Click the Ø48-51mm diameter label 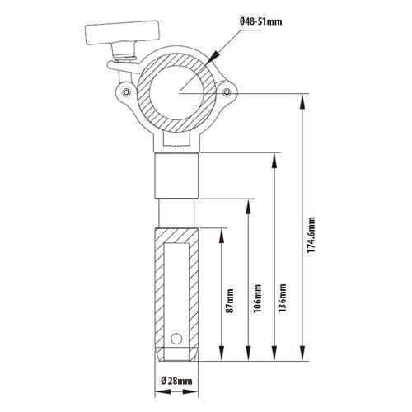coord(260,21)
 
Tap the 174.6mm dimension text coord(311,235)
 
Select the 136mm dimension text coord(282,297)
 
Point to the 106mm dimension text coord(257,298)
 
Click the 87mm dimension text coord(230,301)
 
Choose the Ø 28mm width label coord(176,381)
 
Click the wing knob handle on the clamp coord(123,32)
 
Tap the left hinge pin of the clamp coord(126,92)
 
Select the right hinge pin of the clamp coord(227,92)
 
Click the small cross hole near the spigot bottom coord(176,339)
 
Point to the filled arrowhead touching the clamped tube coord(213,57)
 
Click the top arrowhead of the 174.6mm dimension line coord(302,101)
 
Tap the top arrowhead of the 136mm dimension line coord(274,160)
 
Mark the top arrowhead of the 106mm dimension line coord(248,207)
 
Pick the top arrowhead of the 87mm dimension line coord(222,236)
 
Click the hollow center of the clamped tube coord(177,93)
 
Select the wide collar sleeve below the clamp coord(176,176)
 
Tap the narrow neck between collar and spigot coord(176,213)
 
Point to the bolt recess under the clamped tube coord(176,139)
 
